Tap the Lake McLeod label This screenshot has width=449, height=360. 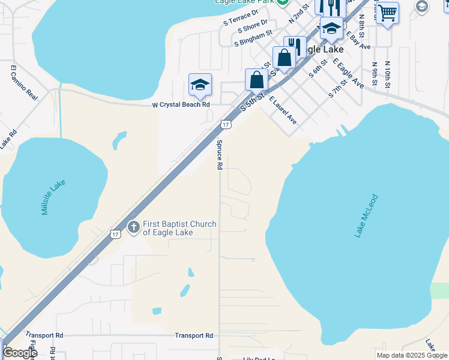(x=366, y=215)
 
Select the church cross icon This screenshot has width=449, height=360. (x=133, y=228)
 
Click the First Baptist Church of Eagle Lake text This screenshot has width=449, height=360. (x=179, y=228)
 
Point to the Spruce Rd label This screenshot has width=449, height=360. (x=220, y=154)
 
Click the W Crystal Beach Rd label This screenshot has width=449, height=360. (x=181, y=104)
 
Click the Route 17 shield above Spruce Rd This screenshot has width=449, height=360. (x=224, y=124)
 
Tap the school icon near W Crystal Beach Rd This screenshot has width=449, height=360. (x=200, y=85)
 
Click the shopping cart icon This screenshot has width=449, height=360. (x=388, y=11)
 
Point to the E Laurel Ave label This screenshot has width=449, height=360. (x=283, y=110)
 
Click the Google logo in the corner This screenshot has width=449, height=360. (x=19, y=353)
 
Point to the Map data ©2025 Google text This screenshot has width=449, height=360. (x=412, y=355)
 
